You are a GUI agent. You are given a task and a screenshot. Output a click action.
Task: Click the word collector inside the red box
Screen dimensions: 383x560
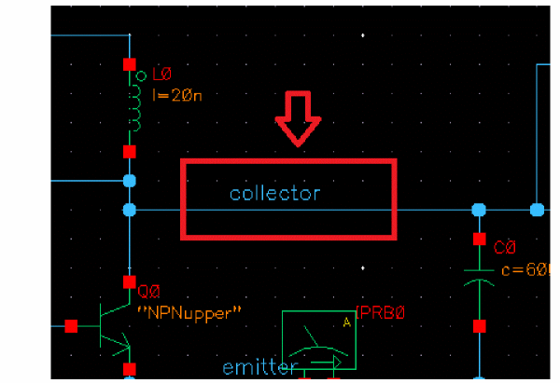[274, 194]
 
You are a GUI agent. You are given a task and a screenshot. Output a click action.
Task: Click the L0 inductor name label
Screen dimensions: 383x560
[161, 75]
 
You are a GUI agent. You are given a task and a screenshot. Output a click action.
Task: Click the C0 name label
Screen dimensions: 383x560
[505, 248]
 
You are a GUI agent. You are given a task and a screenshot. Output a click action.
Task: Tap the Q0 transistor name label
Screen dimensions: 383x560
[149, 288]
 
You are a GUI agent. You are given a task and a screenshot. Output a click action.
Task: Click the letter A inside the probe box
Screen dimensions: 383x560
[346, 322]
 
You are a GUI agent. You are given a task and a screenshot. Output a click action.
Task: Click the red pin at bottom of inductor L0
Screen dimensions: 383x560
[129, 150]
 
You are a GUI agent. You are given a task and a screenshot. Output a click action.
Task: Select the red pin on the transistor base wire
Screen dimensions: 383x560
[71, 326]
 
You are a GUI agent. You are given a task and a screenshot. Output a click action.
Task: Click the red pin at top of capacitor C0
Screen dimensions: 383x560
[479, 239]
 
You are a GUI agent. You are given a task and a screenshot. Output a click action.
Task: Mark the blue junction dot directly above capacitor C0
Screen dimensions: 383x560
[479, 210]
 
